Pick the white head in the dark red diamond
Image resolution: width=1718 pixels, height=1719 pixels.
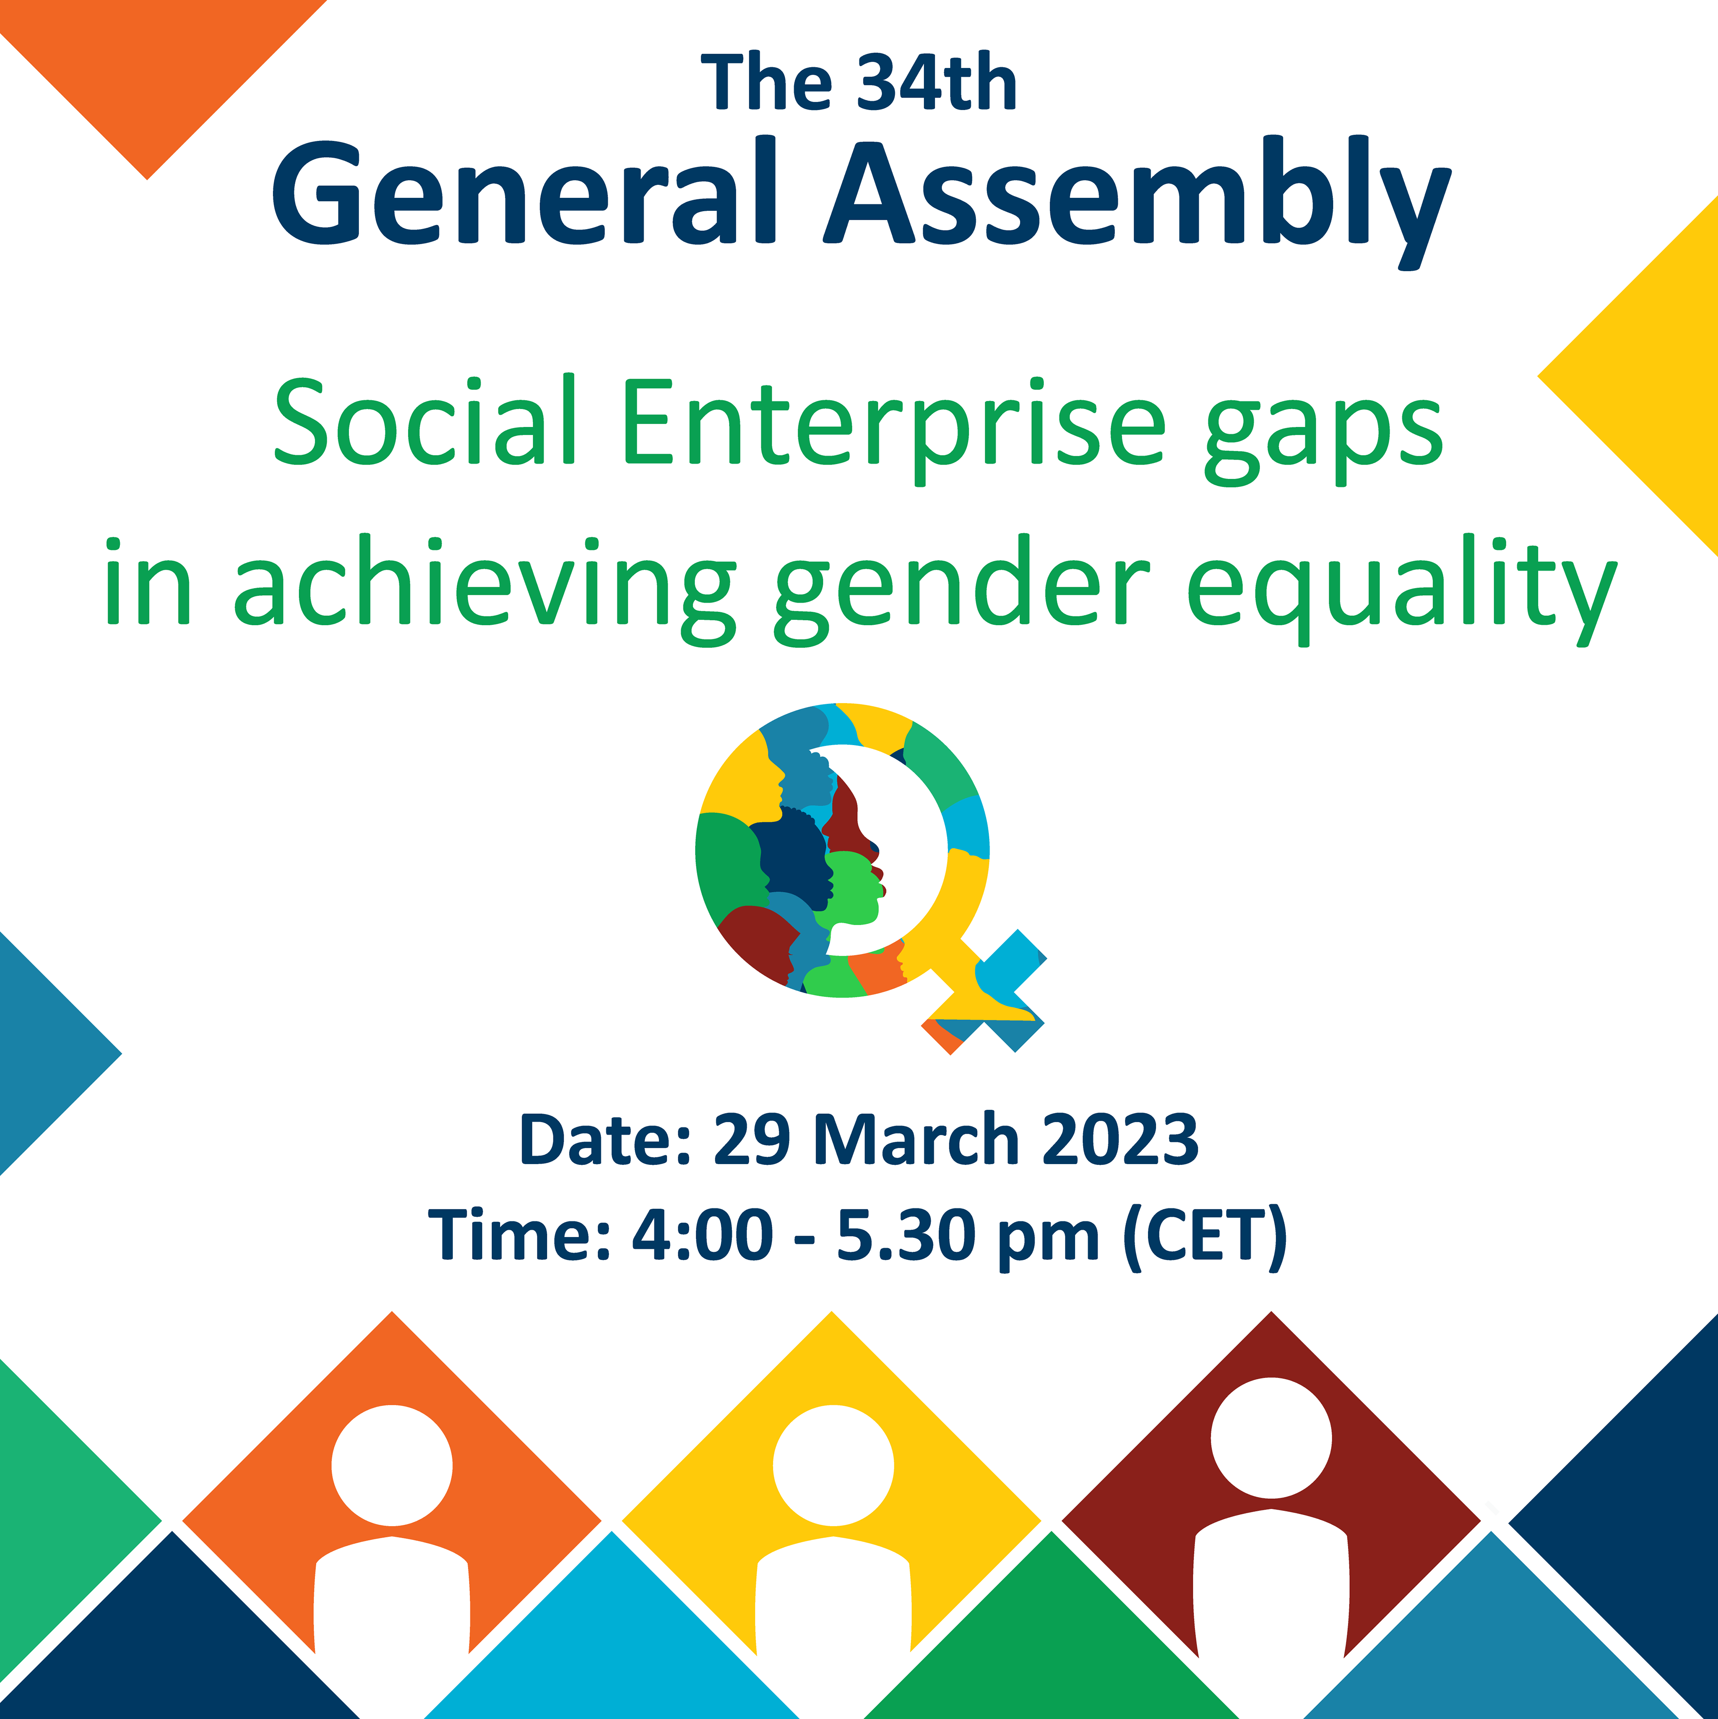1271,1438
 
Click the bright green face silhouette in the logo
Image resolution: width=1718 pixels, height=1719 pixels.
854,890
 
